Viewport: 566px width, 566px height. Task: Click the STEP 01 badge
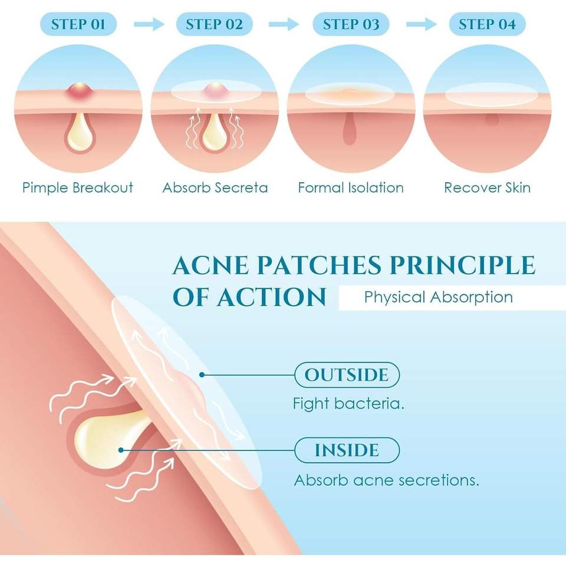78,24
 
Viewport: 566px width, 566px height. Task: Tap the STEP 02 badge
214,24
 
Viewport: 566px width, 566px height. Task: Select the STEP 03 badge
351,24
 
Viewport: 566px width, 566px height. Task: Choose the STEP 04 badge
487,24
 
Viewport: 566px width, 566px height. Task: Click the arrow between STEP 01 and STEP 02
147,24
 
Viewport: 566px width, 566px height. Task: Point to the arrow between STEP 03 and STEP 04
421,24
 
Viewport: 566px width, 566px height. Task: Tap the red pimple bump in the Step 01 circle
78,91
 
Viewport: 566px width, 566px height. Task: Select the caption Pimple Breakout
78,188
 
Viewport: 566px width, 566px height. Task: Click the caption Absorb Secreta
215,188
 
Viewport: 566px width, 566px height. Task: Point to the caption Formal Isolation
351,188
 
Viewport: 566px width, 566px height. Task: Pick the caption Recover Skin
487,188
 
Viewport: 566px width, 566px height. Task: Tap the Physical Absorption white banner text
438,297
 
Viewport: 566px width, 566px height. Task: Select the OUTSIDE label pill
347,375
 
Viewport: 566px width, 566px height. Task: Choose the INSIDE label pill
347,450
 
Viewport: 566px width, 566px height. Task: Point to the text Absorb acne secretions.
386,480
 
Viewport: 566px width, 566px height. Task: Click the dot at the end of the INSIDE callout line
120,450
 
